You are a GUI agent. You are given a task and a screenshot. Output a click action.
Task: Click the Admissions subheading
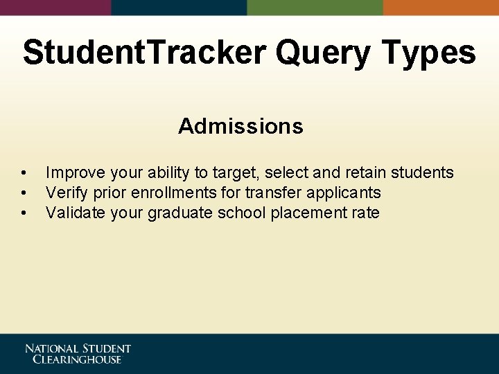point(240,126)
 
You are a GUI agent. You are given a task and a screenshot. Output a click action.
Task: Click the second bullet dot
point(24,193)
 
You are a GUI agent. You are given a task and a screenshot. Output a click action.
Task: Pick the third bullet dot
point(24,213)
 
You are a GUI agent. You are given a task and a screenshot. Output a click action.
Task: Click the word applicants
point(344,193)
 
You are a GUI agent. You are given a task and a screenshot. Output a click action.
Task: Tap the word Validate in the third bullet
point(75,213)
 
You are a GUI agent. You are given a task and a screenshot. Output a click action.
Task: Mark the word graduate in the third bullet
point(180,213)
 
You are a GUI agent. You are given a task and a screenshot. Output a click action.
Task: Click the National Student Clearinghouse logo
point(78,353)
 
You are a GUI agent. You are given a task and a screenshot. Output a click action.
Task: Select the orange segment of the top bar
point(441,7)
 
